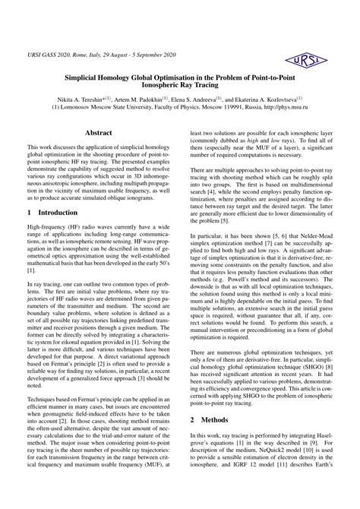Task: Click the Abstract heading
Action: pyautogui.click(x=99, y=132)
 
